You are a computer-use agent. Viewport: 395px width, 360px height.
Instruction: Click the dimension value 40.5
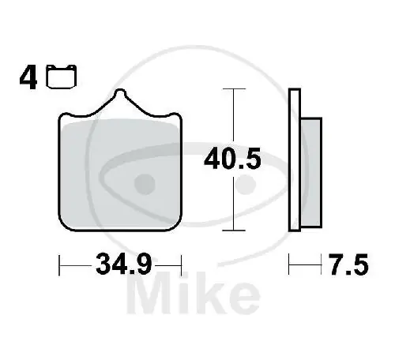(232, 159)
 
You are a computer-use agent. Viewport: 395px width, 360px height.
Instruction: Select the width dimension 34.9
(124, 264)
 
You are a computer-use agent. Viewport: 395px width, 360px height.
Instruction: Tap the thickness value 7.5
(348, 264)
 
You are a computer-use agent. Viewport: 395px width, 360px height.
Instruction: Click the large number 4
(28, 78)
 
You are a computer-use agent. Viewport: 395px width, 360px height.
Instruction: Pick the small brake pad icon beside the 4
(62, 77)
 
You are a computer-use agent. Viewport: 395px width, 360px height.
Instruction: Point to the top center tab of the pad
(120, 92)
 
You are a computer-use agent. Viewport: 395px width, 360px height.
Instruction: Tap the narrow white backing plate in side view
(295, 160)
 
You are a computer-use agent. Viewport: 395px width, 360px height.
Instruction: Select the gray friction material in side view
(311, 173)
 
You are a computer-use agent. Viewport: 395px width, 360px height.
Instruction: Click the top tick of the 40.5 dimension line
(234, 89)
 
